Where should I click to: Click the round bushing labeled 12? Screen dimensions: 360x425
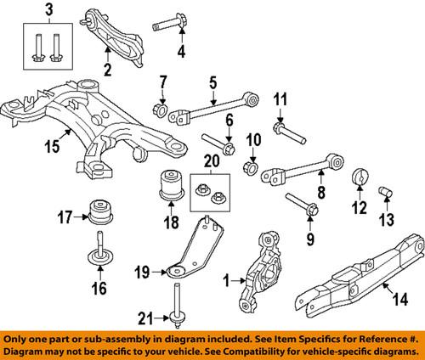point(358,179)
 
